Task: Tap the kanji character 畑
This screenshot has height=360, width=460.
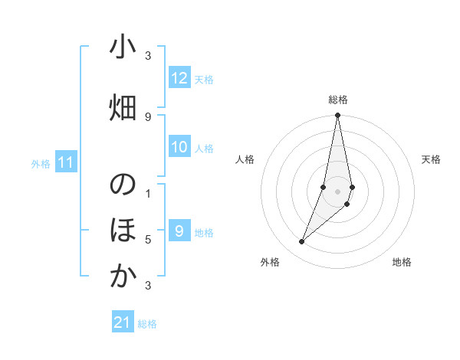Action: click(123, 109)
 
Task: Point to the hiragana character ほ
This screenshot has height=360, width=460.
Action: click(123, 231)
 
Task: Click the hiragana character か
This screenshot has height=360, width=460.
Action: click(123, 277)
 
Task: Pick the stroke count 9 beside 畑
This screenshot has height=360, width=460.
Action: click(148, 117)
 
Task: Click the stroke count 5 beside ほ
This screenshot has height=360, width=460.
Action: click(148, 240)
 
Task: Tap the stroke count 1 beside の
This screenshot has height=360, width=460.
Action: click(148, 193)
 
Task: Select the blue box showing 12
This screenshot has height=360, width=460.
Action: click(179, 78)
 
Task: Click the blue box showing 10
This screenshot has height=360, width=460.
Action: click(179, 147)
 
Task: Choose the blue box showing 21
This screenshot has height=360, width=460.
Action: click(123, 322)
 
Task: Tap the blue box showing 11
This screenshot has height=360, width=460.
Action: click(65, 162)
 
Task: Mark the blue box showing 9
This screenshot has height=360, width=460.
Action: click(179, 231)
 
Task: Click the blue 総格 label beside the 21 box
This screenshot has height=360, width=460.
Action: click(147, 324)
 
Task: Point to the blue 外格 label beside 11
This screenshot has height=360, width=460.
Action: click(40, 164)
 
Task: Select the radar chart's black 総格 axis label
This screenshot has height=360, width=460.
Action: click(338, 100)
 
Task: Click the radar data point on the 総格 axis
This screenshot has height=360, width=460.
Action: click(337, 116)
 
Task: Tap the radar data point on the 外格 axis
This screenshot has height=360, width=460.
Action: click(301, 242)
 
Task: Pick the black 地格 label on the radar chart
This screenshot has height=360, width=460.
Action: click(402, 262)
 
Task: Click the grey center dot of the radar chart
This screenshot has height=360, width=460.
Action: click(337, 191)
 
